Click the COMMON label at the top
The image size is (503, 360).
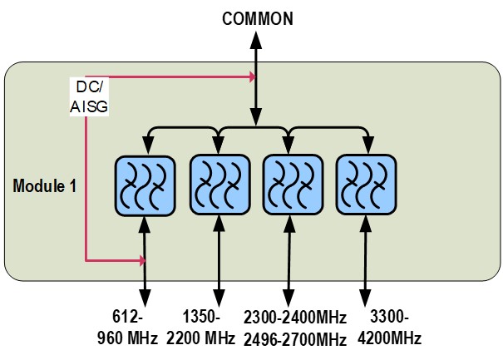pyautogui.click(x=258, y=18)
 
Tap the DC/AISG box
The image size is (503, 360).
pyautogui.click(x=88, y=96)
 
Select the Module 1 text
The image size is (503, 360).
pyautogui.click(x=45, y=185)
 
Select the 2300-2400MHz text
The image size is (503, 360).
pyautogui.click(x=295, y=318)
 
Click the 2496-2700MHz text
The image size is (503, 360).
pyautogui.click(x=295, y=338)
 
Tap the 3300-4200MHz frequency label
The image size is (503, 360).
pyautogui.click(x=391, y=328)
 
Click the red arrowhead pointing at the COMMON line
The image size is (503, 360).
pyautogui.click(x=250, y=78)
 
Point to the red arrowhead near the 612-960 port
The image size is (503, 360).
pyautogui.click(x=141, y=261)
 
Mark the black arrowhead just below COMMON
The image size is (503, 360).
pyautogui.click(x=258, y=38)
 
